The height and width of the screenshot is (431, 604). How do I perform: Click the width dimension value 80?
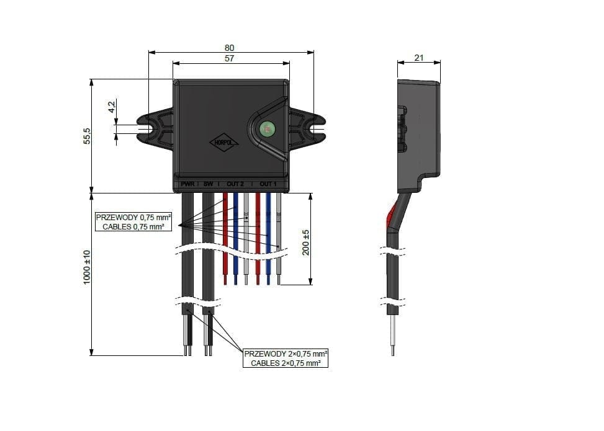coord(230,48)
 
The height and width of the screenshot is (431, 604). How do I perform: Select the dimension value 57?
coord(230,58)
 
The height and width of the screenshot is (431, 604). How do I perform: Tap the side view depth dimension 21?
coord(418,58)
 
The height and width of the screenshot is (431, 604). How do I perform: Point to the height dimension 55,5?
coord(88,136)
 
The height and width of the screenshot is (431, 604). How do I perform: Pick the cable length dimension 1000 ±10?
coord(88,267)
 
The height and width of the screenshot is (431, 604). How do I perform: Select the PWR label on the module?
coord(187,185)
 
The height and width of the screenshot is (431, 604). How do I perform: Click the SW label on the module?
coord(208,185)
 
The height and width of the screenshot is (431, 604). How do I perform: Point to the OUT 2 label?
coord(235,185)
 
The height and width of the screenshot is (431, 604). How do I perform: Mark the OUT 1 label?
coord(268,185)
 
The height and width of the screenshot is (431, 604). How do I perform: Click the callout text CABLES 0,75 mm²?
coord(133,227)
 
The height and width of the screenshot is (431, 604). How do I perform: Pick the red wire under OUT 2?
coord(225,236)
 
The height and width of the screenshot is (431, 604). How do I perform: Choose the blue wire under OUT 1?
coord(268,236)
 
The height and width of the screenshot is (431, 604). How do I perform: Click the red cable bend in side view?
coord(391,218)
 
